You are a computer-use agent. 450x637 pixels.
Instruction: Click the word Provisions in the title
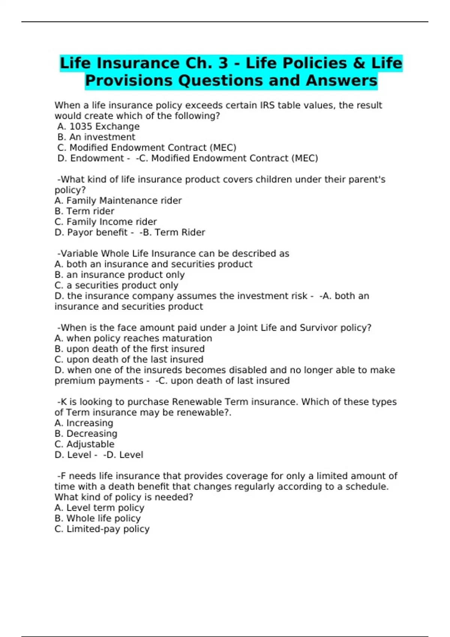click(x=128, y=81)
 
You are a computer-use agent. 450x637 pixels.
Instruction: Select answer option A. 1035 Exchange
click(x=98, y=127)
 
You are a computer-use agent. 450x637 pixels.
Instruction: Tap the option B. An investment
click(x=96, y=137)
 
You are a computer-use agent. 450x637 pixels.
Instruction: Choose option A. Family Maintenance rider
click(x=118, y=201)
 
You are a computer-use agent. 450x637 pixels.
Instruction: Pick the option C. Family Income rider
click(x=105, y=222)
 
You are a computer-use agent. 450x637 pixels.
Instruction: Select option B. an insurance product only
click(x=120, y=275)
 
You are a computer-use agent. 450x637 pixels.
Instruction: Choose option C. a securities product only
click(x=116, y=285)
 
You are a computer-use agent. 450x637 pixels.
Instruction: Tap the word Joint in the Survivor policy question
click(x=248, y=328)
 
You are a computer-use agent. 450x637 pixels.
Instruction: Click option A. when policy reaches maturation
click(x=133, y=338)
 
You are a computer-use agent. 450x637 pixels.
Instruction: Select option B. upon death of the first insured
click(x=129, y=349)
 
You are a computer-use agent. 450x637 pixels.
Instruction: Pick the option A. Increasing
click(x=84, y=423)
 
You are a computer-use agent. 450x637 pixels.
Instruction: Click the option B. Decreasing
click(x=86, y=434)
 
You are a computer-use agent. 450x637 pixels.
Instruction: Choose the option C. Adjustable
click(x=84, y=444)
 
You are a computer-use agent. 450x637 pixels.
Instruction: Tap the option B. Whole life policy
click(x=97, y=518)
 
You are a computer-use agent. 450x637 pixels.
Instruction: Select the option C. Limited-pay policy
click(x=102, y=529)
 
